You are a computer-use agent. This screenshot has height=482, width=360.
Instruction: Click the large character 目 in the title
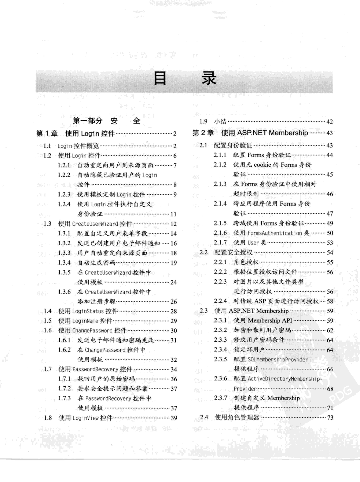[160, 78]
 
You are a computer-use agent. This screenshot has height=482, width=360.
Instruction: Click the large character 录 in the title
[209, 78]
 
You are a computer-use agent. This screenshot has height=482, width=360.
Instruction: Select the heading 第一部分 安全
[106, 121]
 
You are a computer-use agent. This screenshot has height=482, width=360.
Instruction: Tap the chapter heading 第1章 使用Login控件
[76, 133]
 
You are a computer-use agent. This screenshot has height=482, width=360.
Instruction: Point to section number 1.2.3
[64, 194]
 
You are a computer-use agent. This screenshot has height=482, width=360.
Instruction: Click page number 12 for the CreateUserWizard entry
[173, 224]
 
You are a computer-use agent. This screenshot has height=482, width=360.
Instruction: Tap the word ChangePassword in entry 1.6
[92, 330]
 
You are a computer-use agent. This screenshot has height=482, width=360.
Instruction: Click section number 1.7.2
[64, 388]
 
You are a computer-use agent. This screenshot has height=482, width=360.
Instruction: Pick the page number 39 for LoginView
[174, 418]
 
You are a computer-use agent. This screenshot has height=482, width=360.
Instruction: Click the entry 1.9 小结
[213, 121]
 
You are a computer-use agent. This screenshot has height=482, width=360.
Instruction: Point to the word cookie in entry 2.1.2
[262, 165]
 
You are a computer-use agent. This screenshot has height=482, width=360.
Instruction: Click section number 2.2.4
[220, 301]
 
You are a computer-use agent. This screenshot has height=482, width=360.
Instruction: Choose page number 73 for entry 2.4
[330, 417]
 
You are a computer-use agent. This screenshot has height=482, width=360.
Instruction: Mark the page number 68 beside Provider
[330, 389]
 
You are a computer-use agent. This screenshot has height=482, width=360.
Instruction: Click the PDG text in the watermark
[340, 394]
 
